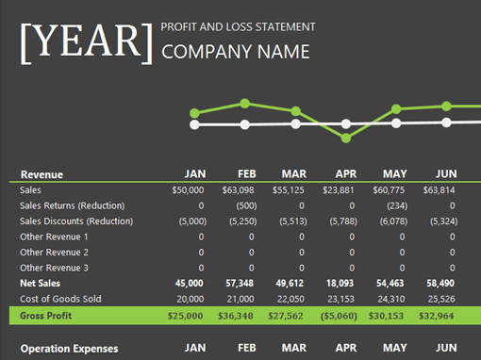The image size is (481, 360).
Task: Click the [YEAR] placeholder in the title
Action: point(86,41)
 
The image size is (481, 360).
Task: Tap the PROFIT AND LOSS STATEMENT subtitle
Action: point(239,26)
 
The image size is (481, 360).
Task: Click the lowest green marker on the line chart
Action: point(346,139)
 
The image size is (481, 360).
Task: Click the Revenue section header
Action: point(41,174)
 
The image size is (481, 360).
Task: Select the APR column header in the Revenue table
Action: point(345,174)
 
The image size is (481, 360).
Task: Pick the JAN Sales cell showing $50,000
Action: point(187,189)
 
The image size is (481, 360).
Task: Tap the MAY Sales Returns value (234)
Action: point(397,205)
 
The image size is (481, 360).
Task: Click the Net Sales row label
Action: point(41,283)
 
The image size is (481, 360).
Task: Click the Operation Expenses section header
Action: point(70,349)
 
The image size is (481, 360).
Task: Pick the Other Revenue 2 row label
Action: point(55,253)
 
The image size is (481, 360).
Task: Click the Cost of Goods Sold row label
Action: point(61,299)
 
